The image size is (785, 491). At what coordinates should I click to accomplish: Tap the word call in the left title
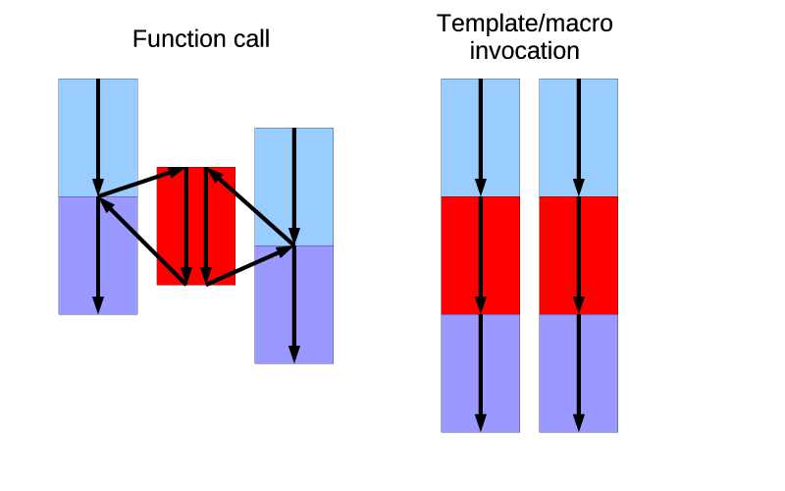click(x=246, y=39)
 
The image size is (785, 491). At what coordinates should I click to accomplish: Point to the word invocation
click(x=524, y=51)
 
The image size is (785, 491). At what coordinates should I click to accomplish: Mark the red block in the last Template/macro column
click(x=599, y=255)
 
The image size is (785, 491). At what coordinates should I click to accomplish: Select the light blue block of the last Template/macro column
click(x=599, y=137)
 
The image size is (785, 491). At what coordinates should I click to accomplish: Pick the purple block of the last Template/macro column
click(x=599, y=373)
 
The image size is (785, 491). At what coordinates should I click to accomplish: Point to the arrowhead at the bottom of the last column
click(x=578, y=422)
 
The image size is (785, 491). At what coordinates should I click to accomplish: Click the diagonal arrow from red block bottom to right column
click(x=250, y=265)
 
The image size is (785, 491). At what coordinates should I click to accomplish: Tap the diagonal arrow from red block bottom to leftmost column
click(x=142, y=242)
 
